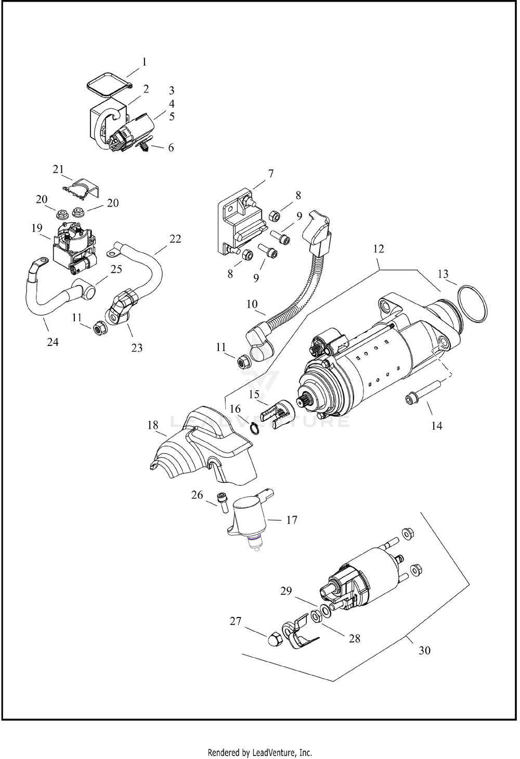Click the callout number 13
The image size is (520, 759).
point(443,274)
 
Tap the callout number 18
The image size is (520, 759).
point(152,426)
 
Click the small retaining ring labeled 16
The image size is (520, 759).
point(254,428)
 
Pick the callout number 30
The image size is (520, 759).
point(424,650)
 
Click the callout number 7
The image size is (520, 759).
point(270,173)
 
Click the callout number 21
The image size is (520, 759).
point(58,169)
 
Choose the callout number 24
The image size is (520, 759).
point(53,342)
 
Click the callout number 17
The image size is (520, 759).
point(292,520)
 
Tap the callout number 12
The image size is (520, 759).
point(378,249)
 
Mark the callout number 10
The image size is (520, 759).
point(252,304)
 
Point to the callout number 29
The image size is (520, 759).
point(286,591)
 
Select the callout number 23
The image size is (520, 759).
point(136,348)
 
